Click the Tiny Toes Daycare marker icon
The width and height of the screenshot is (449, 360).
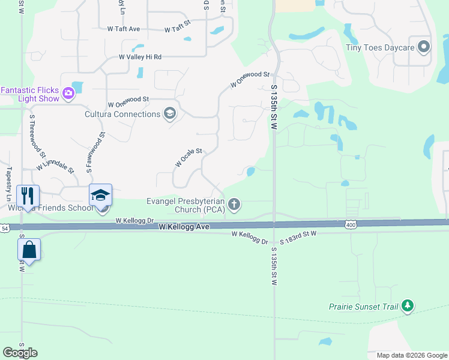[x=424, y=47]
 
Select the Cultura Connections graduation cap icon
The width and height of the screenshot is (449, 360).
[x=170, y=114]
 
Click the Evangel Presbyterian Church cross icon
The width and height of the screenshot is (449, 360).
[x=235, y=205]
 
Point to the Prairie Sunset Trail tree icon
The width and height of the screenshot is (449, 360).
[x=408, y=306]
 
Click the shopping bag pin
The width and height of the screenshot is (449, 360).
[x=28, y=250]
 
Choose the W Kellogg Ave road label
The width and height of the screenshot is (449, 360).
[x=184, y=227]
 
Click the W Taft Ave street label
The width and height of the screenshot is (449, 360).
[x=124, y=28]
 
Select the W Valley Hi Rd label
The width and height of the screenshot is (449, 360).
[x=140, y=57]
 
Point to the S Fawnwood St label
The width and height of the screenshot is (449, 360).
[x=95, y=153]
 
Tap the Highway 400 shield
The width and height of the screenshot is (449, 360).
[x=351, y=224]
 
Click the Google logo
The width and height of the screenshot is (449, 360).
[x=20, y=353]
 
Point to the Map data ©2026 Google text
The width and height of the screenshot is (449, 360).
[x=411, y=355]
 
